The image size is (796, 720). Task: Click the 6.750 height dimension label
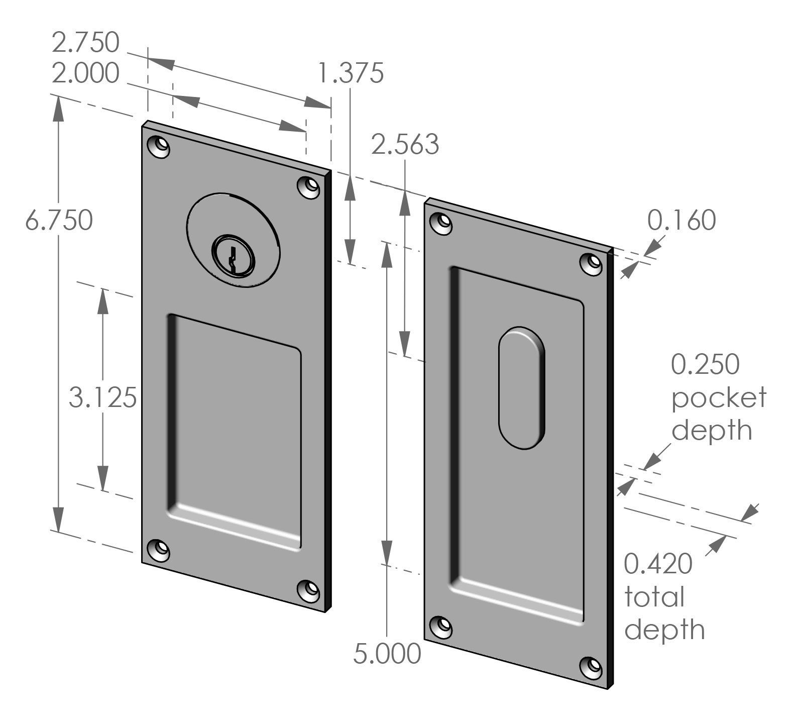click(59, 221)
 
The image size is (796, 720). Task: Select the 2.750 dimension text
click(85, 43)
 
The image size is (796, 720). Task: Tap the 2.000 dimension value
click(85, 74)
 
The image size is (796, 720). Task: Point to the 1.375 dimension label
click(351, 73)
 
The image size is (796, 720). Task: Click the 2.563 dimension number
click(405, 145)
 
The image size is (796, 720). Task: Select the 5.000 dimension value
click(387, 654)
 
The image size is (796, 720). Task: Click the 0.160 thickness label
click(681, 221)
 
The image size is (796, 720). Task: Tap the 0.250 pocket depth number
click(705, 365)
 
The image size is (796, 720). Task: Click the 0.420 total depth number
click(658, 564)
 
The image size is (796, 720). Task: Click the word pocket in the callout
click(719, 398)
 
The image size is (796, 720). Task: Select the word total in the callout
click(654, 597)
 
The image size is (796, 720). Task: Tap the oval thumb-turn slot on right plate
click(522, 387)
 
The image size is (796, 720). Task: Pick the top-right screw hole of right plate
click(592, 264)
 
